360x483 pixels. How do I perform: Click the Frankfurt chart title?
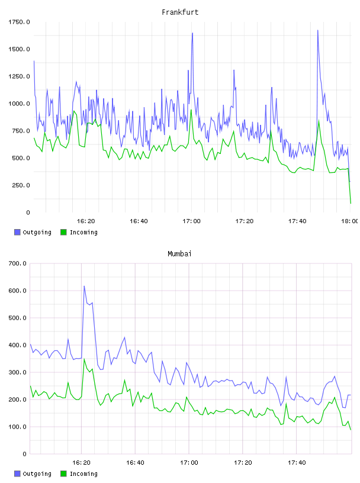tap(180, 12)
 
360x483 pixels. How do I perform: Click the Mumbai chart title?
tap(179, 254)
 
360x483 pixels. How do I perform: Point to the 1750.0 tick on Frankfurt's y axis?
tap(19, 22)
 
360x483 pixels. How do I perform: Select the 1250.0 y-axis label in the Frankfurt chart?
tap(19, 76)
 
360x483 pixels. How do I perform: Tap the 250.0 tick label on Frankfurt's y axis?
tap(21, 185)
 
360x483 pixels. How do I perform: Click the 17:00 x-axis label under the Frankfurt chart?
tap(191, 221)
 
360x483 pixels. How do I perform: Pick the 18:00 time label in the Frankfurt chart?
tap(349, 221)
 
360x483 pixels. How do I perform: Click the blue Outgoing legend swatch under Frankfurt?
tap(17, 232)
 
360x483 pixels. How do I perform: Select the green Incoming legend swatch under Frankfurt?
tap(63, 232)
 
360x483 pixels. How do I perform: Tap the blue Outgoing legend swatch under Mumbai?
tap(17, 474)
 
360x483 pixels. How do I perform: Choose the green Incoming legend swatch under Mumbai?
tap(63, 474)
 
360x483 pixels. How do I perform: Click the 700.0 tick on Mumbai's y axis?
tap(18, 263)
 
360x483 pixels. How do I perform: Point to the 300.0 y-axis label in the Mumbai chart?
tap(18, 372)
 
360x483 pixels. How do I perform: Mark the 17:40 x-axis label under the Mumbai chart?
tap(297, 462)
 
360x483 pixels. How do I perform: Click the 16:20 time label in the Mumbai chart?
tap(81, 462)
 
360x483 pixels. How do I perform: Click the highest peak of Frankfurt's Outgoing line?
tap(318, 30)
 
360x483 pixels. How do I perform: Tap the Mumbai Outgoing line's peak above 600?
tap(84, 286)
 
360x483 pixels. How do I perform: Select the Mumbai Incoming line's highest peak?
tap(84, 359)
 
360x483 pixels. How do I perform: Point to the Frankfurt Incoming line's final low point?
tap(351, 203)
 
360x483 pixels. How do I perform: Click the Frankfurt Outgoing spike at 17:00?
tap(192, 33)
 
